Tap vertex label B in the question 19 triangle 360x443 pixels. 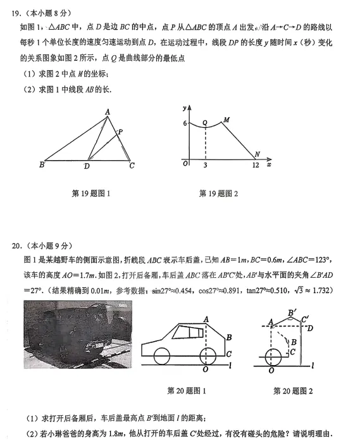[x=42, y=166]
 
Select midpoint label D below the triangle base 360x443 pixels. [x=87, y=166]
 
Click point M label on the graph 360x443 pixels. [x=226, y=120]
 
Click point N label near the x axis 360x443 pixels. [x=257, y=154]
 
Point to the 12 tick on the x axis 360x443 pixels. [x=255, y=165]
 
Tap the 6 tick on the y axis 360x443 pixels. [x=185, y=123]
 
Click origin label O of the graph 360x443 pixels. [x=185, y=164]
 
